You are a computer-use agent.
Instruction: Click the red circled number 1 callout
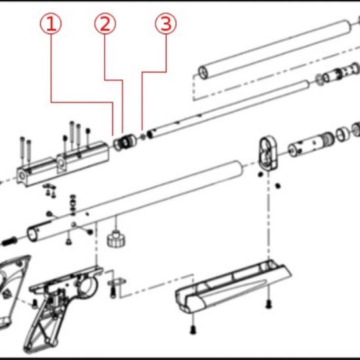(51, 24)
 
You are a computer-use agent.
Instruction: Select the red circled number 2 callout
(105, 24)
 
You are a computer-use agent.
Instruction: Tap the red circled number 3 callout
(166, 24)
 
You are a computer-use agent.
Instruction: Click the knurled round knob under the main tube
(116, 239)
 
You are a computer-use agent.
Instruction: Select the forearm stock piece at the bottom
(233, 286)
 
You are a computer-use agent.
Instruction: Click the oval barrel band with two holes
(268, 153)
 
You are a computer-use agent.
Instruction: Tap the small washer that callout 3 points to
(143, 137)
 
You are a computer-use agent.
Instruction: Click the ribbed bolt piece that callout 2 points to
(124, 142)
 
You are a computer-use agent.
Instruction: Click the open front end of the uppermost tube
(203, 73)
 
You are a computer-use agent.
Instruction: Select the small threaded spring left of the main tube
(9, 241)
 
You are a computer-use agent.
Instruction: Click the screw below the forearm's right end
(268, 304)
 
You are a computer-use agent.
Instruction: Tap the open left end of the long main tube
(32, 234)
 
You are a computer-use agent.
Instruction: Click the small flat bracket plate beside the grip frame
(117, 281)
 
